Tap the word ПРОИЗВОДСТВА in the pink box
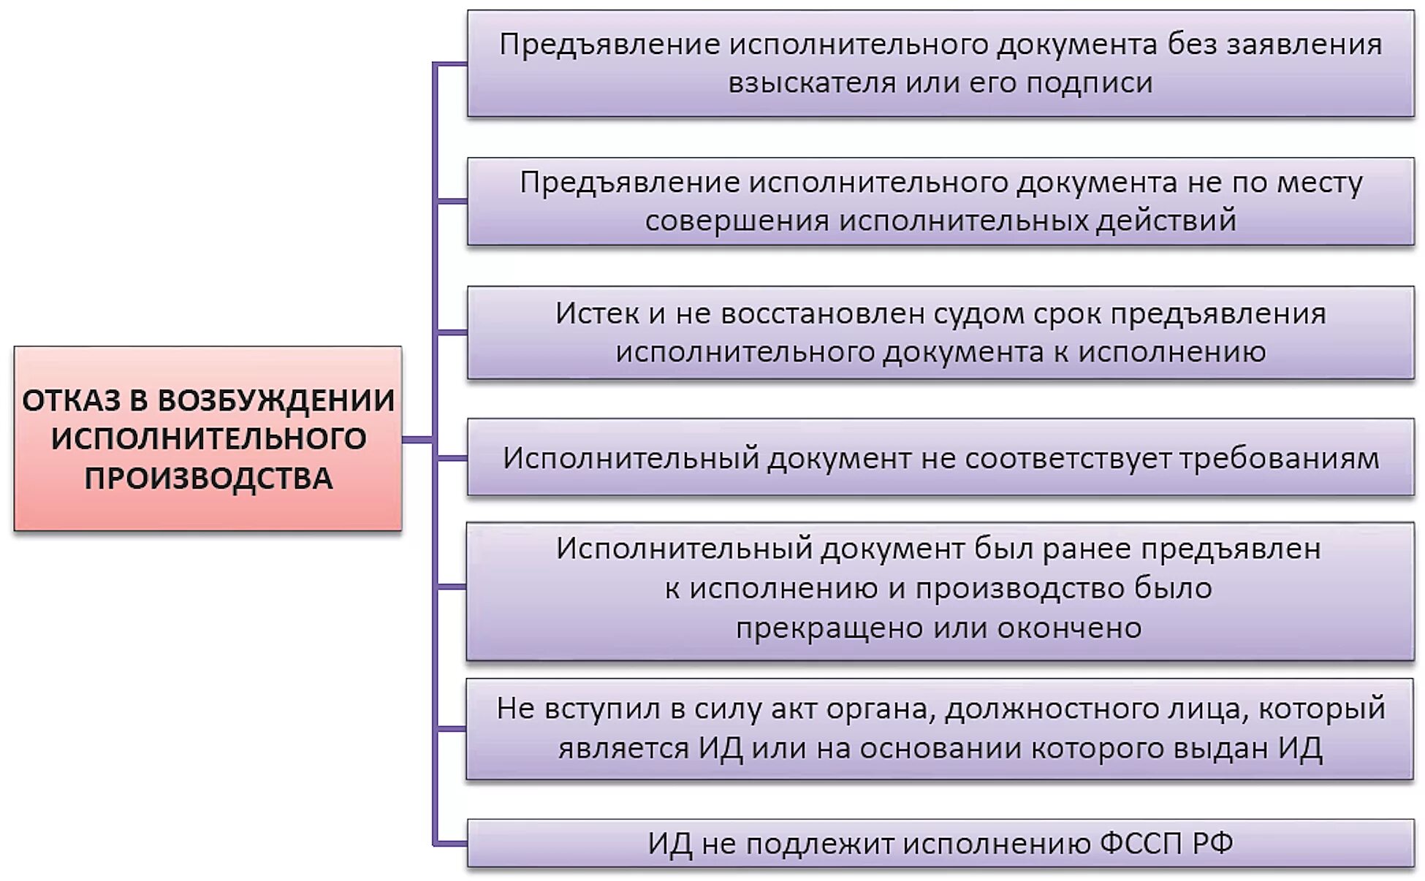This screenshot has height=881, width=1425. (208, 478)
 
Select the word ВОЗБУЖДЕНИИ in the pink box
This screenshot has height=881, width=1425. (276, 400)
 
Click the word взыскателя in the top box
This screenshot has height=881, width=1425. (811, 83)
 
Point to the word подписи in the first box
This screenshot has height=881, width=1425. (1090, 83)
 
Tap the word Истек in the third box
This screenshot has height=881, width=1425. (596, 313)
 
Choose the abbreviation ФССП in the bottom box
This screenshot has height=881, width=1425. (1141, 844)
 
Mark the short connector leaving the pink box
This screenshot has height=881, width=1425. (417, 439)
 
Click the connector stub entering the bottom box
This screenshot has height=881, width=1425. (451, 844)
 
